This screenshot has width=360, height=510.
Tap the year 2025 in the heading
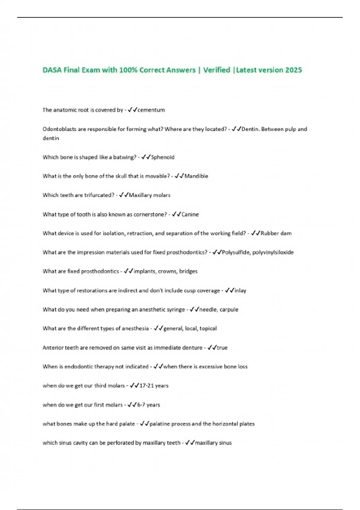click(x=293, y=70)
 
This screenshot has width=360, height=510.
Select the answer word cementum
click(x=151, y=110)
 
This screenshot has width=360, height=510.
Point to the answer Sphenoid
click(x=162, y=157)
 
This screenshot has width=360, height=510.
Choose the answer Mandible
click(x=196, y=176)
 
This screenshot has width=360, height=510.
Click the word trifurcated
click(x=99, y=195)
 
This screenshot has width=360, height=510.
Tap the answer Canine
click(x=190, y=214)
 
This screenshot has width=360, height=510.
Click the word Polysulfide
click(x=235, y=252)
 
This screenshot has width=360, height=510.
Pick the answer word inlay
click(x=240, y=290)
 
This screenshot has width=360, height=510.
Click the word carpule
click(x=229, y=310)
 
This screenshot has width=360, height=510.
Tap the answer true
click(x=222, y=348)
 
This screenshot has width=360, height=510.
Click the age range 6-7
click(x=141, y=405)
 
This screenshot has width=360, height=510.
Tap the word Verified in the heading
click(x=217, y=70)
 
